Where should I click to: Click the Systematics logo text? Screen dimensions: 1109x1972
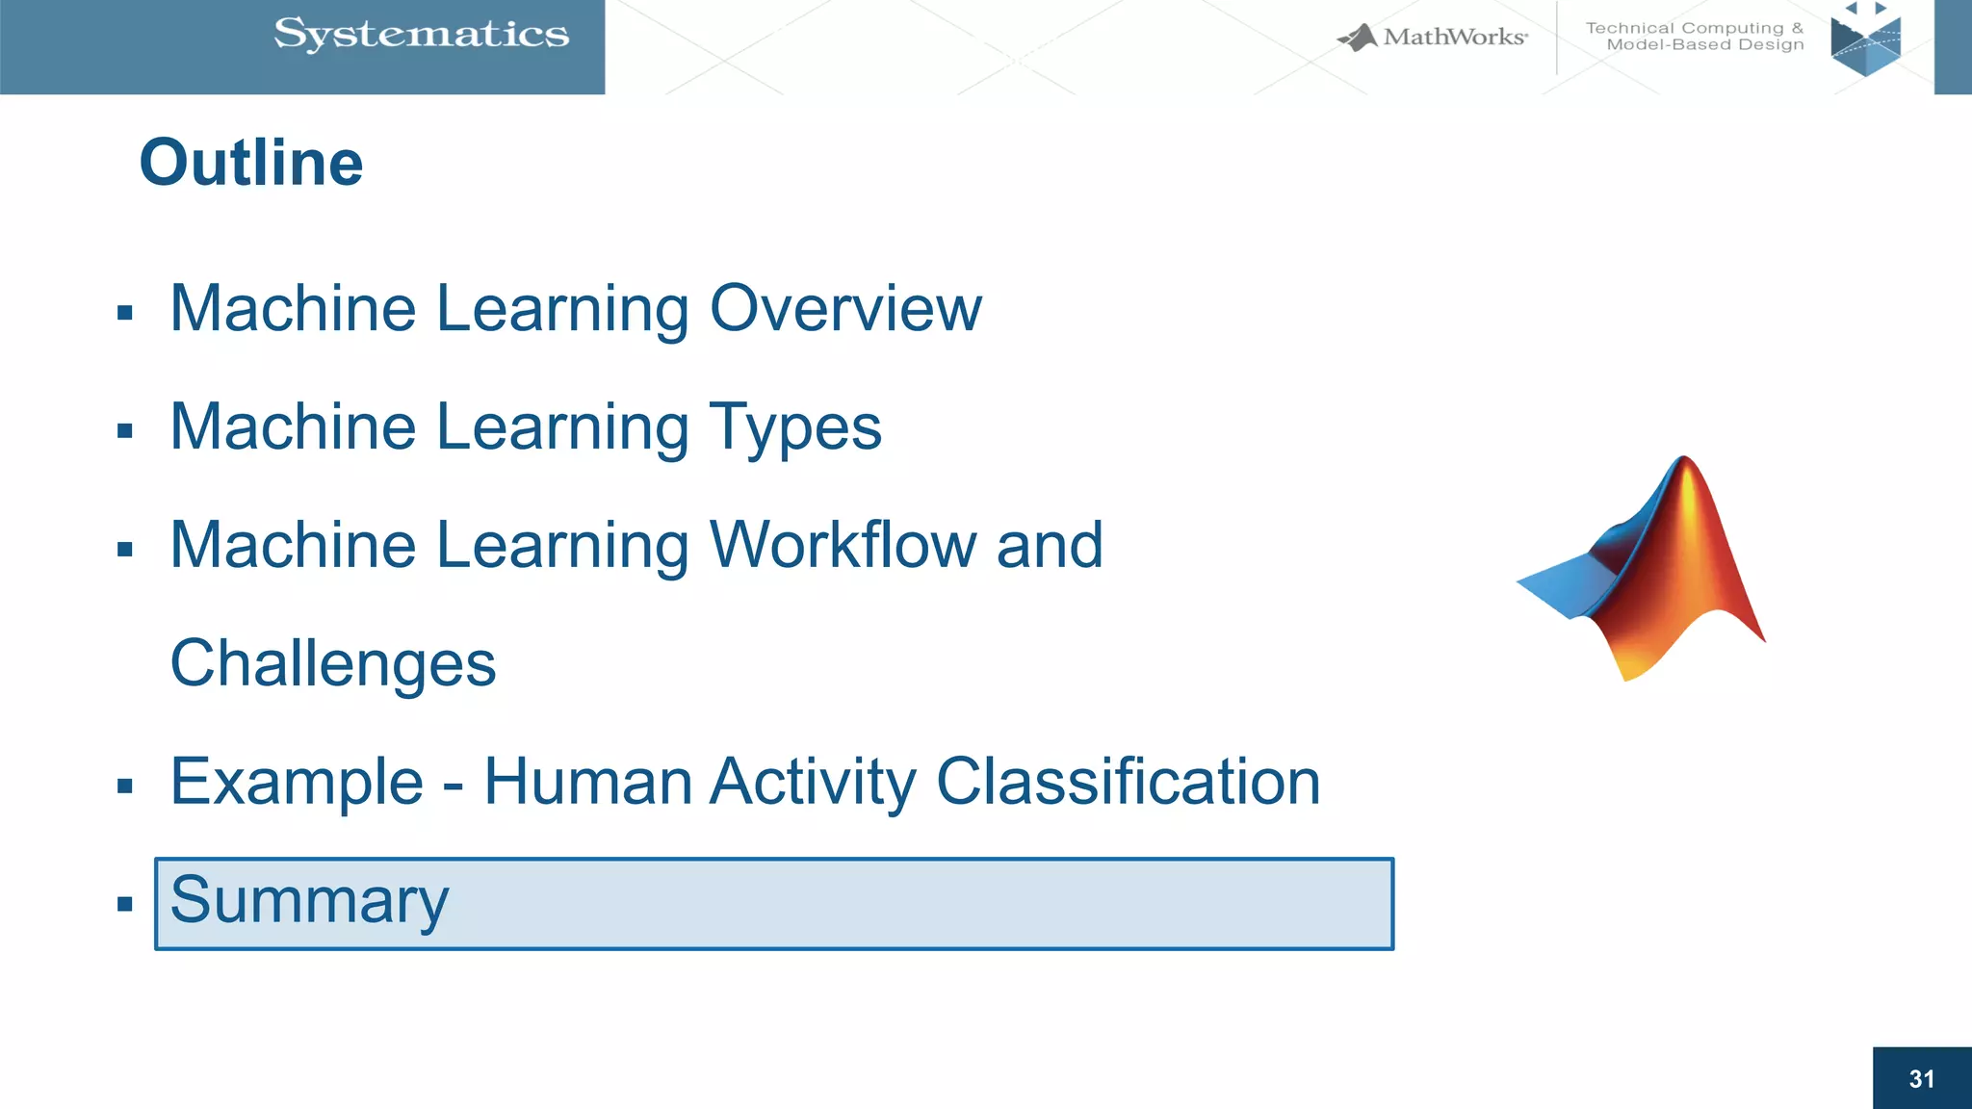(421, 35)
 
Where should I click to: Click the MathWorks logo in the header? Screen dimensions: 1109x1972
(1433, 38)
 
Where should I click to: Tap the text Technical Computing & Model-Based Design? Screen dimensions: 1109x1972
(1695, 37)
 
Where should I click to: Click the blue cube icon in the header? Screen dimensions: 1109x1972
(1865, 42)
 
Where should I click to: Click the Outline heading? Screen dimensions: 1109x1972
(251, 163)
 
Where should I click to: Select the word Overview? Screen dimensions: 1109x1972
(845, 309)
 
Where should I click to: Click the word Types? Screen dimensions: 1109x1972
(795, 427)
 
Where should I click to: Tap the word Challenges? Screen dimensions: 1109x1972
(333, 664)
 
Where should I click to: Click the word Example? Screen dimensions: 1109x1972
(297, 782)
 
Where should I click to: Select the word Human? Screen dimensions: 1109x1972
(587, 782)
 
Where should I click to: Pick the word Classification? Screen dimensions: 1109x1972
(1128, 782)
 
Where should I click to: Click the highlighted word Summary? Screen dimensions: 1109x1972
(309, 901)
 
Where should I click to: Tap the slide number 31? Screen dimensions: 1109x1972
(1921, 1079)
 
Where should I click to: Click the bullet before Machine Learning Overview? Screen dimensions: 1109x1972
(124, 313)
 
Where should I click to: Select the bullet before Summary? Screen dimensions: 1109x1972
(124, 904)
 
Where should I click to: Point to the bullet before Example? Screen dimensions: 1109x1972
(124, 787)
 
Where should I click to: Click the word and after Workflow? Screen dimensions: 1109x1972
(1050, 545)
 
